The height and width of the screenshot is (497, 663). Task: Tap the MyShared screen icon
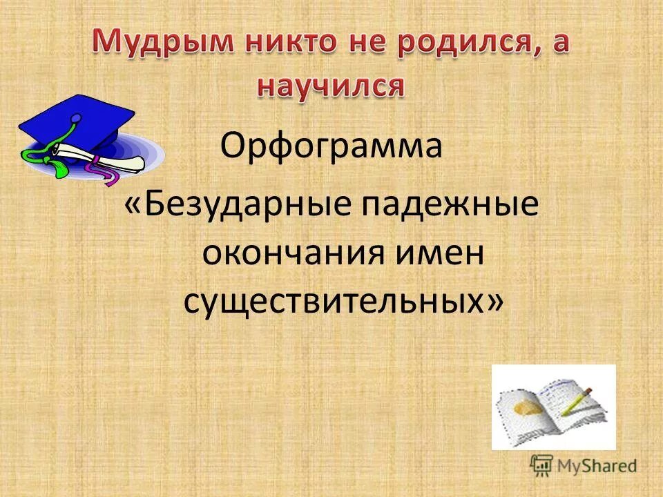543,465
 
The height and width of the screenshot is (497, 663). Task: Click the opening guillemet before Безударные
135,208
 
